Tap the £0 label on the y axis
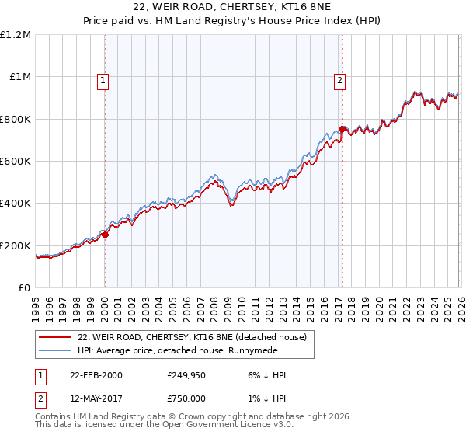[24, 288]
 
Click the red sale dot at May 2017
[342, 130]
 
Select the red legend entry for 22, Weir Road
[192, 337]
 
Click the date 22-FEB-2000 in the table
[94, 375]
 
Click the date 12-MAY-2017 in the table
[94, 396]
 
